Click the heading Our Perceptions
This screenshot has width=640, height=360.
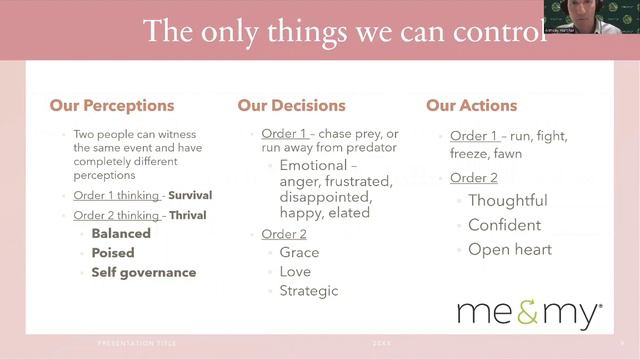click(x=112, y=105)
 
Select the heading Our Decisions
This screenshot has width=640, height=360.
click(x=291, y=105)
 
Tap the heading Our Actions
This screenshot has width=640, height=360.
click(x=471, y=105)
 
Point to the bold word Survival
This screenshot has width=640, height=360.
click(x=190, y=196)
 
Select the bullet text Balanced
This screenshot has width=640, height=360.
click(x=121, y=234)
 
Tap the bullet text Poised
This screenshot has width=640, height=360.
click(x=113, y=253)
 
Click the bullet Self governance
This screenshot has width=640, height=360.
click(x=143, y=272)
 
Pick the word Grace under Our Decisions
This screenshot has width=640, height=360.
click(x=299, y=253)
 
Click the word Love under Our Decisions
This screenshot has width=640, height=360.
click(x=295, y=272)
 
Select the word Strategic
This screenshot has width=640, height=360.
click(x=309, y=291)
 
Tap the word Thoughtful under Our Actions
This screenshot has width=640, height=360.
click(x=507, y=200)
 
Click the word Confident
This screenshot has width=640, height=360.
click(x=504, y=225)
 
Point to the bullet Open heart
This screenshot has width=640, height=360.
click(x=509, y=249)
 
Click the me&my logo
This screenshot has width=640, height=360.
click(x=529, y=313)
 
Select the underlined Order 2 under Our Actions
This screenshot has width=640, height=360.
click(x=473, y=178)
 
